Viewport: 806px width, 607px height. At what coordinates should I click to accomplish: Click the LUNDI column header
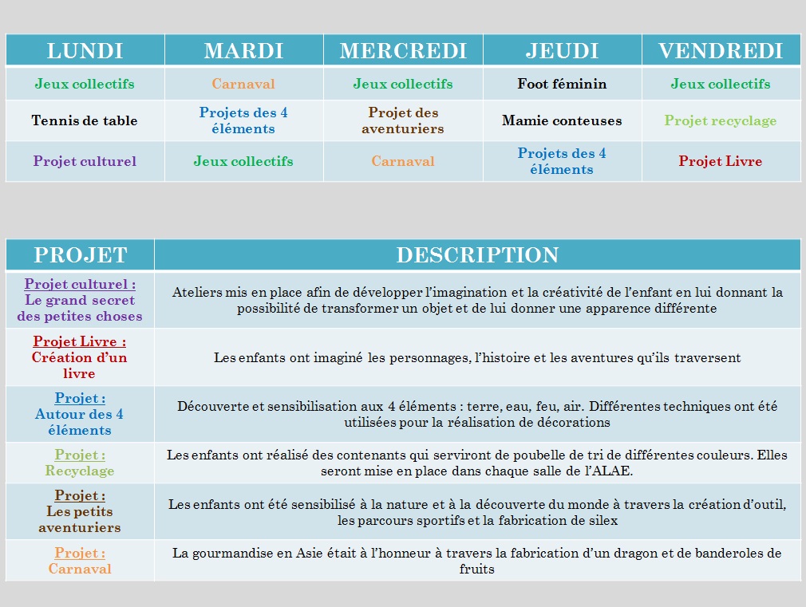click(85, 51)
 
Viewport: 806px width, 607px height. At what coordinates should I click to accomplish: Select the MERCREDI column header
click(403, 51)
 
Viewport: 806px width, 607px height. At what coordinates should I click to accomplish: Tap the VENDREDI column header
click(721, 51)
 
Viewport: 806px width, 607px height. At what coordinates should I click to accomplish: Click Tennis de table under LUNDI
click(85, 120)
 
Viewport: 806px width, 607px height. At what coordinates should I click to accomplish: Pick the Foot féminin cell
click(562, 84)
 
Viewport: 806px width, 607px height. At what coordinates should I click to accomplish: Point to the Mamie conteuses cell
click(562, 120)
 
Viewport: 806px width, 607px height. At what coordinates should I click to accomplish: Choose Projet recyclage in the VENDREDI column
click(721, 120)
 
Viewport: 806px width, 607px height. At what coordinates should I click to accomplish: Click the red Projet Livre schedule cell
click(721, 161)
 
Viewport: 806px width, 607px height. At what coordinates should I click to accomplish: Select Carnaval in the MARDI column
click(243, 84)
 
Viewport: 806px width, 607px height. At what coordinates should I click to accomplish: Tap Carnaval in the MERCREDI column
click(403, 161)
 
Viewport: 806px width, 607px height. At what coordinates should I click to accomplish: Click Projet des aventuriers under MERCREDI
click(403, 120)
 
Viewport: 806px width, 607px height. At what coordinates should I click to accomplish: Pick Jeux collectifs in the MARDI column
click(243, 161)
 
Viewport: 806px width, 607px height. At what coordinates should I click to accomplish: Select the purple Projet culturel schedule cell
click(85, 161)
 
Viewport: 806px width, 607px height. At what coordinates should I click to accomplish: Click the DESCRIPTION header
click(477, 255)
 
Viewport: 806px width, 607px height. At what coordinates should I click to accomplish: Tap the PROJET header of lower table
click(80, 255)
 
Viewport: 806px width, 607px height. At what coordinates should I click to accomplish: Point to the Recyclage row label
click(80, 471)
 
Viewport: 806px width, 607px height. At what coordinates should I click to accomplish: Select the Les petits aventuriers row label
click(80, 519)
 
